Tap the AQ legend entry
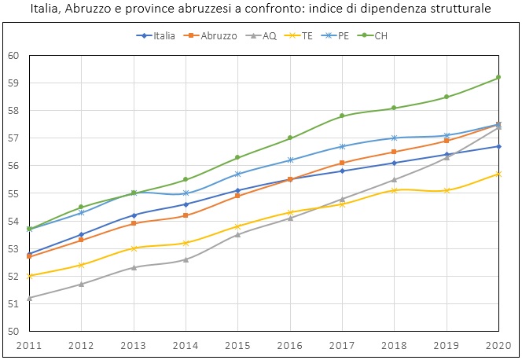267,36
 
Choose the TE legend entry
307,36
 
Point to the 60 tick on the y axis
13,55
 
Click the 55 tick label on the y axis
13,193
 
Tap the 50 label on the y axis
13,331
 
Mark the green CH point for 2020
499,77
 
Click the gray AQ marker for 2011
29,298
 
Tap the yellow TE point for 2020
499,174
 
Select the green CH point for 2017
343,116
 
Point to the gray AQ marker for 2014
186,259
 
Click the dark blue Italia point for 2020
499,146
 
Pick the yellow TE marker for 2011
29,276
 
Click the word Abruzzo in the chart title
121,9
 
